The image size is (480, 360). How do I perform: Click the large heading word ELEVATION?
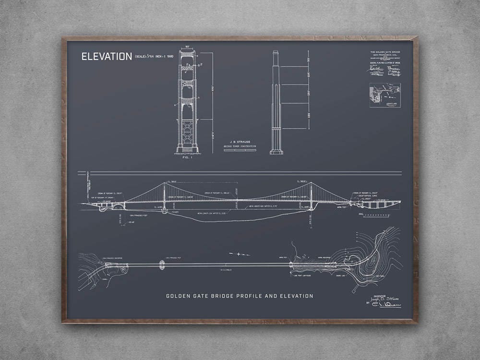[107, 57]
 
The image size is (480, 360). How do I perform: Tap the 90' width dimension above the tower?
[187, 47]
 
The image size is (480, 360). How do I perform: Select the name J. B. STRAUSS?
[240, 142]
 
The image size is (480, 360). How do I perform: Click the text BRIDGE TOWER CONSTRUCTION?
[240, 146]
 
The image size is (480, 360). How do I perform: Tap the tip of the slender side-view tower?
[276, 51]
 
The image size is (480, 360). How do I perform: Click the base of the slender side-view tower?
[276, 152]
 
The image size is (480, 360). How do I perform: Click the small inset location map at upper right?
[384, 95]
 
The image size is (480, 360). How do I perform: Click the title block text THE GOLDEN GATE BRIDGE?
[385, 52]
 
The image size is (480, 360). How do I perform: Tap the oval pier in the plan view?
[162, 265]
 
